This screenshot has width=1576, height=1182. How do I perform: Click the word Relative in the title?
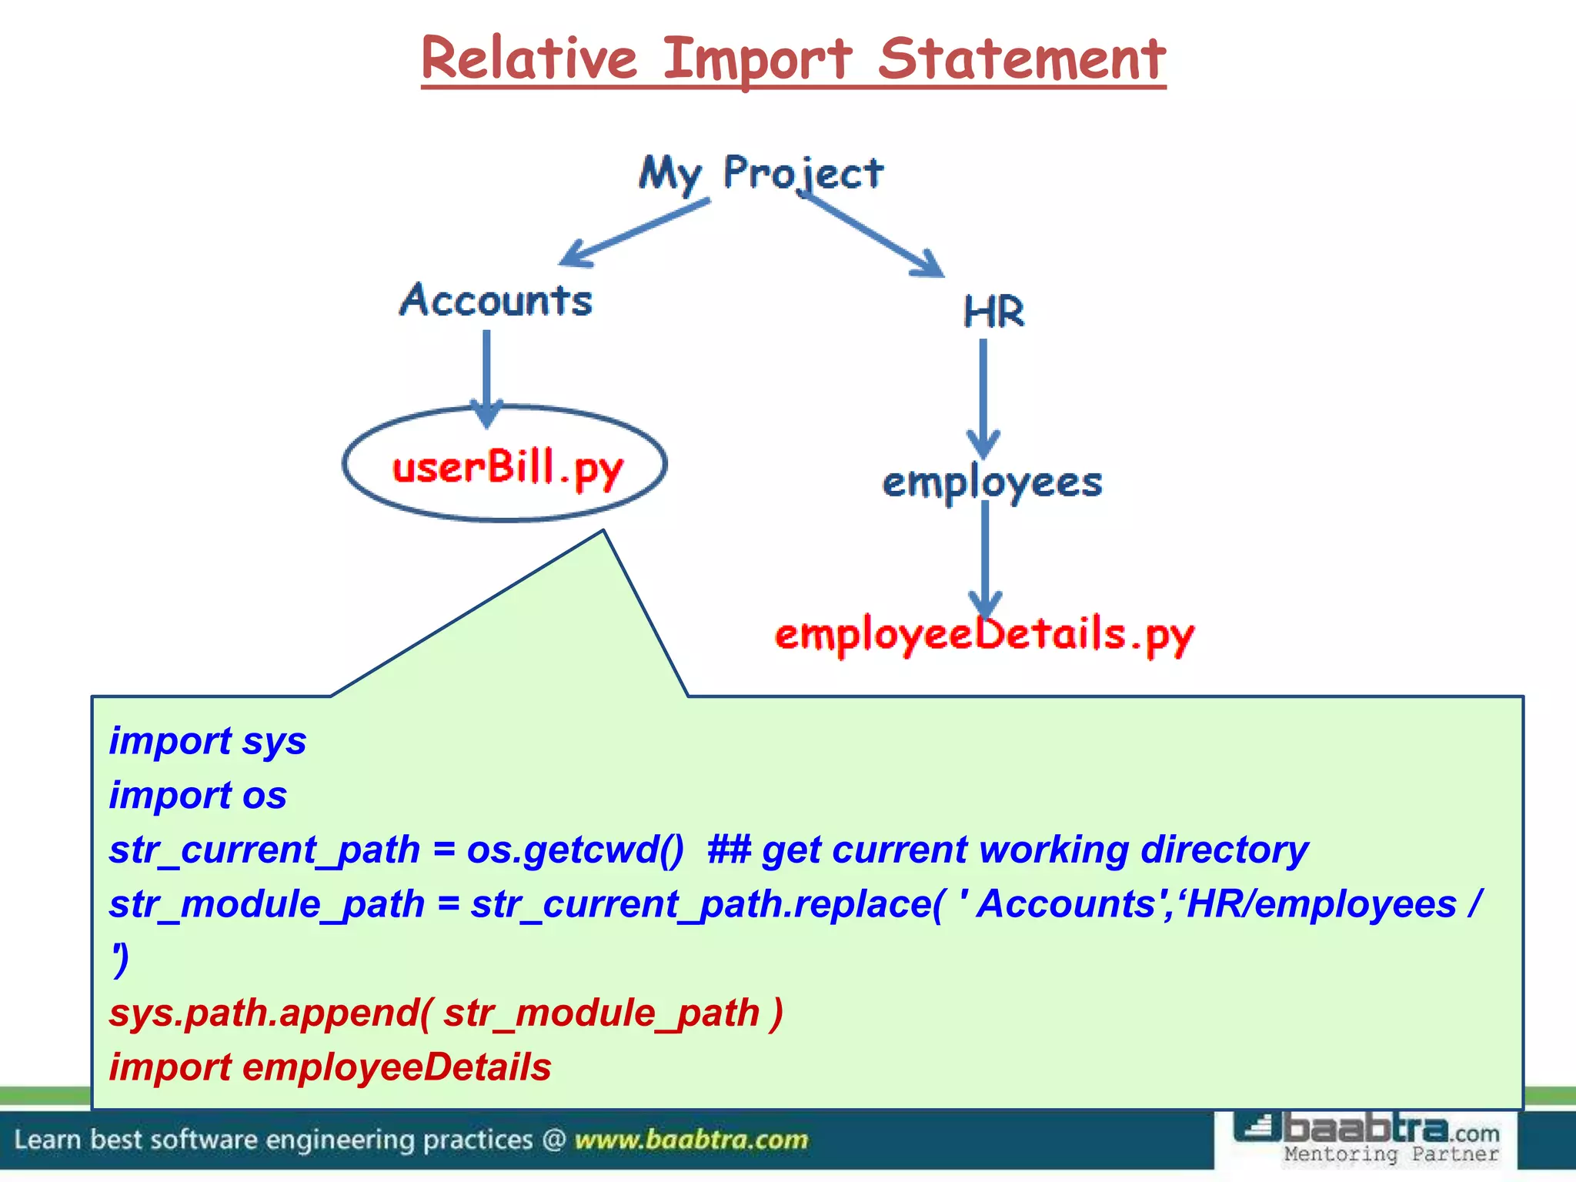pyautogui.click(x=529, y=59)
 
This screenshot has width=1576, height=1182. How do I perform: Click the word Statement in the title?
pyautogui.click(x=1021, y=59)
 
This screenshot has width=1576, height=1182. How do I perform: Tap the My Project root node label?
pyautogui.click(x=760, y=172)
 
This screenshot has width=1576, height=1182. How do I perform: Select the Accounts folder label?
pyautogui.click(x=496, y=300)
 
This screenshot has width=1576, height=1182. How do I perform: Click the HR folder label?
pyautogui.click(x=993, y=312)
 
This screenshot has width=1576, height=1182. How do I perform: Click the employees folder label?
pyautogui.click(x=992, y=482)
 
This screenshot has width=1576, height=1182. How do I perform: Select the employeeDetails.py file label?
pyautogui.click(x=984, y=635)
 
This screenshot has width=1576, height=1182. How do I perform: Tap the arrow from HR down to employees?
pyautogui.click(x=983, y=396)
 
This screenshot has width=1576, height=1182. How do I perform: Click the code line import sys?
pyautogui.click(x=208, y=740)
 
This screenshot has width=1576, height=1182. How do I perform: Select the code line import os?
pyautogui.click(x=198, y=795)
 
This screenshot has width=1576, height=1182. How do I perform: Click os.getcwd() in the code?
pyautogui.click(x=575, y=850)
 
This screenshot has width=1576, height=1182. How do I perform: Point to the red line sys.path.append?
pyautogui.click(x=446, y=1013)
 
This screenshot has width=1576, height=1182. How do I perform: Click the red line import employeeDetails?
pyautogui.click(x=330, y=1067)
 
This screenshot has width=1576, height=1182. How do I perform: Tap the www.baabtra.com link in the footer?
pyautogui.click(x=691, y=1140)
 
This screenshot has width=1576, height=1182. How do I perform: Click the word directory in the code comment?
pyautogui.click(x=1224, y=850)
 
